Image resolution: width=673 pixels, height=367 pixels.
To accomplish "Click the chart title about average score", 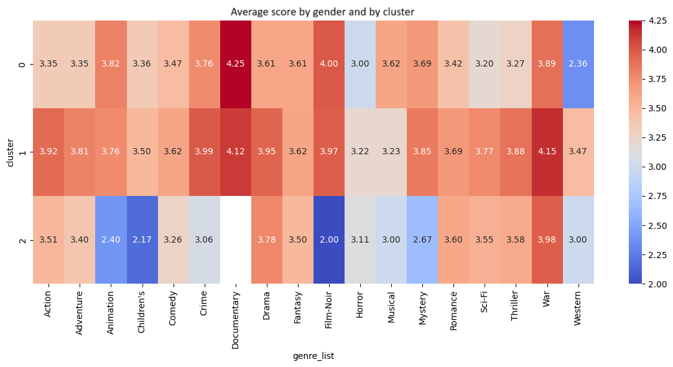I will [x=322, y=12].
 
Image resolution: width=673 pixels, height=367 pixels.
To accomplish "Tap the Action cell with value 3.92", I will [x=49, y=152].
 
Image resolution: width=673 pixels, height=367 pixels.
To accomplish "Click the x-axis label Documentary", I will [x=236, y=315].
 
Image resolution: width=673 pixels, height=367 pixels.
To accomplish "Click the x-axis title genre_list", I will [x=313, y=356].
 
